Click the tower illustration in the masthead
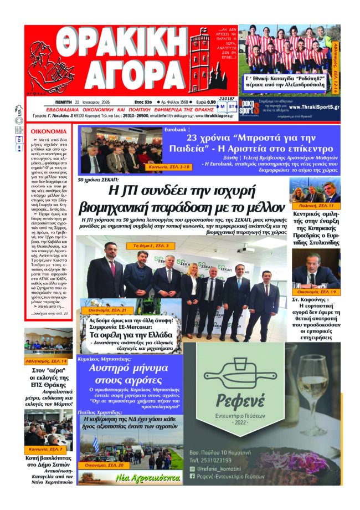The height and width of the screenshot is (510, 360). tap(201, 61)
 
